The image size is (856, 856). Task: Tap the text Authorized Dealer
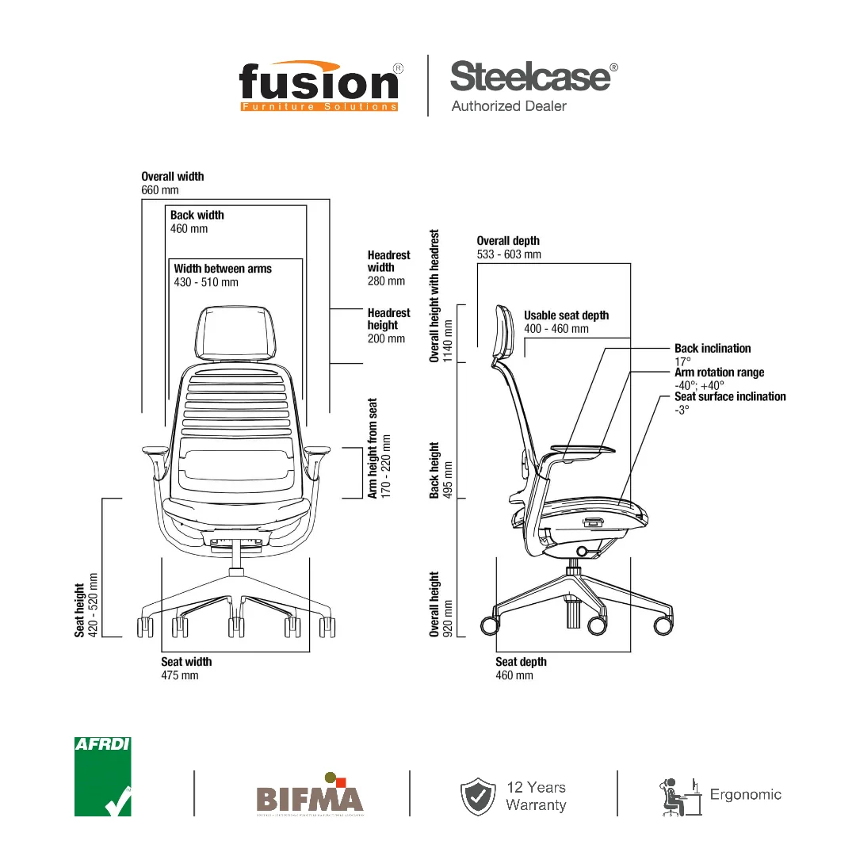coord(509,106)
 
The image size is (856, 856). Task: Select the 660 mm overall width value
coord(160,190)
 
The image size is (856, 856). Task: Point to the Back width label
coord(197,215)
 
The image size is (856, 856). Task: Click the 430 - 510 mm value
coord(206,282)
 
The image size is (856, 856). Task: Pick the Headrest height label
coord(388,319)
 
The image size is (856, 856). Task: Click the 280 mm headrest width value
coord(386,281)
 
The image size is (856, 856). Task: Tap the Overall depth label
coord(508,241)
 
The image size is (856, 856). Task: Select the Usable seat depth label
coord(567,315)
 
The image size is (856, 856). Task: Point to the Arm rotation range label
coord(720,373)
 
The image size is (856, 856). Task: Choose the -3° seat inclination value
coord(682,410)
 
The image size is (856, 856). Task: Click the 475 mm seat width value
coord(180,675)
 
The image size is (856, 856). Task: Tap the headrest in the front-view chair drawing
coord(239,331)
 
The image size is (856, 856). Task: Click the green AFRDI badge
coord(103,777)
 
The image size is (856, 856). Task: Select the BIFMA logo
coord(309,795)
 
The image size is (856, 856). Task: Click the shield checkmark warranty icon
coord(478,797)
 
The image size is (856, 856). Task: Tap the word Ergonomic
coord(746,794)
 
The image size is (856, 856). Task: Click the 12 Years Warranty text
coord(537,796)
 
